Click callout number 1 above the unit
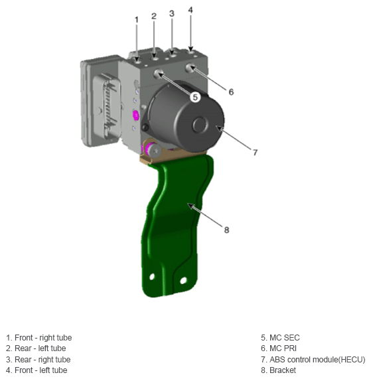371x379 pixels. click(137, 20)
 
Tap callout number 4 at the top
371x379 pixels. click(190, 10)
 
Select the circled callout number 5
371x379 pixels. click(195, 97)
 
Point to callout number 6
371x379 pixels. click(231, 92)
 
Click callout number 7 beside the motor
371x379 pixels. click(256, 153)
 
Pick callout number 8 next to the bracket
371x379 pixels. click(226, 230)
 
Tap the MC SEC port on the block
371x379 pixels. click(159, 74)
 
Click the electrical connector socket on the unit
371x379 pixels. click(106, 106)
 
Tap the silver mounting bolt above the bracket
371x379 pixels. click(154, 151)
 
